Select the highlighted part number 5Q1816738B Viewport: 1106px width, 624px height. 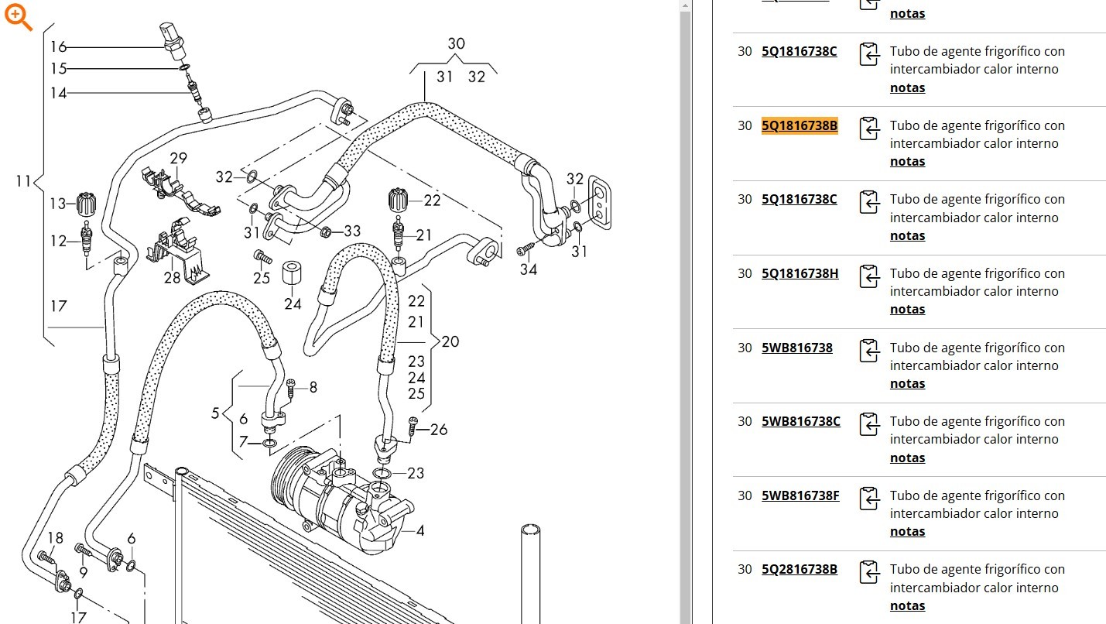(x=800, y=125)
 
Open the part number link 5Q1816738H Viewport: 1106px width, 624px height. (x=800, y=273)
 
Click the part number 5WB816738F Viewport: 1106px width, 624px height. (x=800, y=495)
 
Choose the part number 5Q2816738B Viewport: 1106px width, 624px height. (x=800, y=569)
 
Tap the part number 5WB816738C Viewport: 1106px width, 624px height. (x=801, y=421)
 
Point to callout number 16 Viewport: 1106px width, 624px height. (x=58, y=47)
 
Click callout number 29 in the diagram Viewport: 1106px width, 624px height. (x=178, y=159)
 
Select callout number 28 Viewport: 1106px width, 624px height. (x=171, y=277)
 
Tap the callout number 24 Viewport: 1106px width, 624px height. (x=293, y=304)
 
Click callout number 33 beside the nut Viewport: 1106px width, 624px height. (x=352, y=231)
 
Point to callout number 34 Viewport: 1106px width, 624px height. (x=529, y=269)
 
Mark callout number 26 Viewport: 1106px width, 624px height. (x=438, y=429)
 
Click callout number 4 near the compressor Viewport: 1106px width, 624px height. (x=419, y=531)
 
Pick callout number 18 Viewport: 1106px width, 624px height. (x=56, y=538)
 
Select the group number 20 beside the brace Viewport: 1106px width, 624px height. (x=450, y=341)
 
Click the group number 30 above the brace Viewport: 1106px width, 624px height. (x=456, y=44)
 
